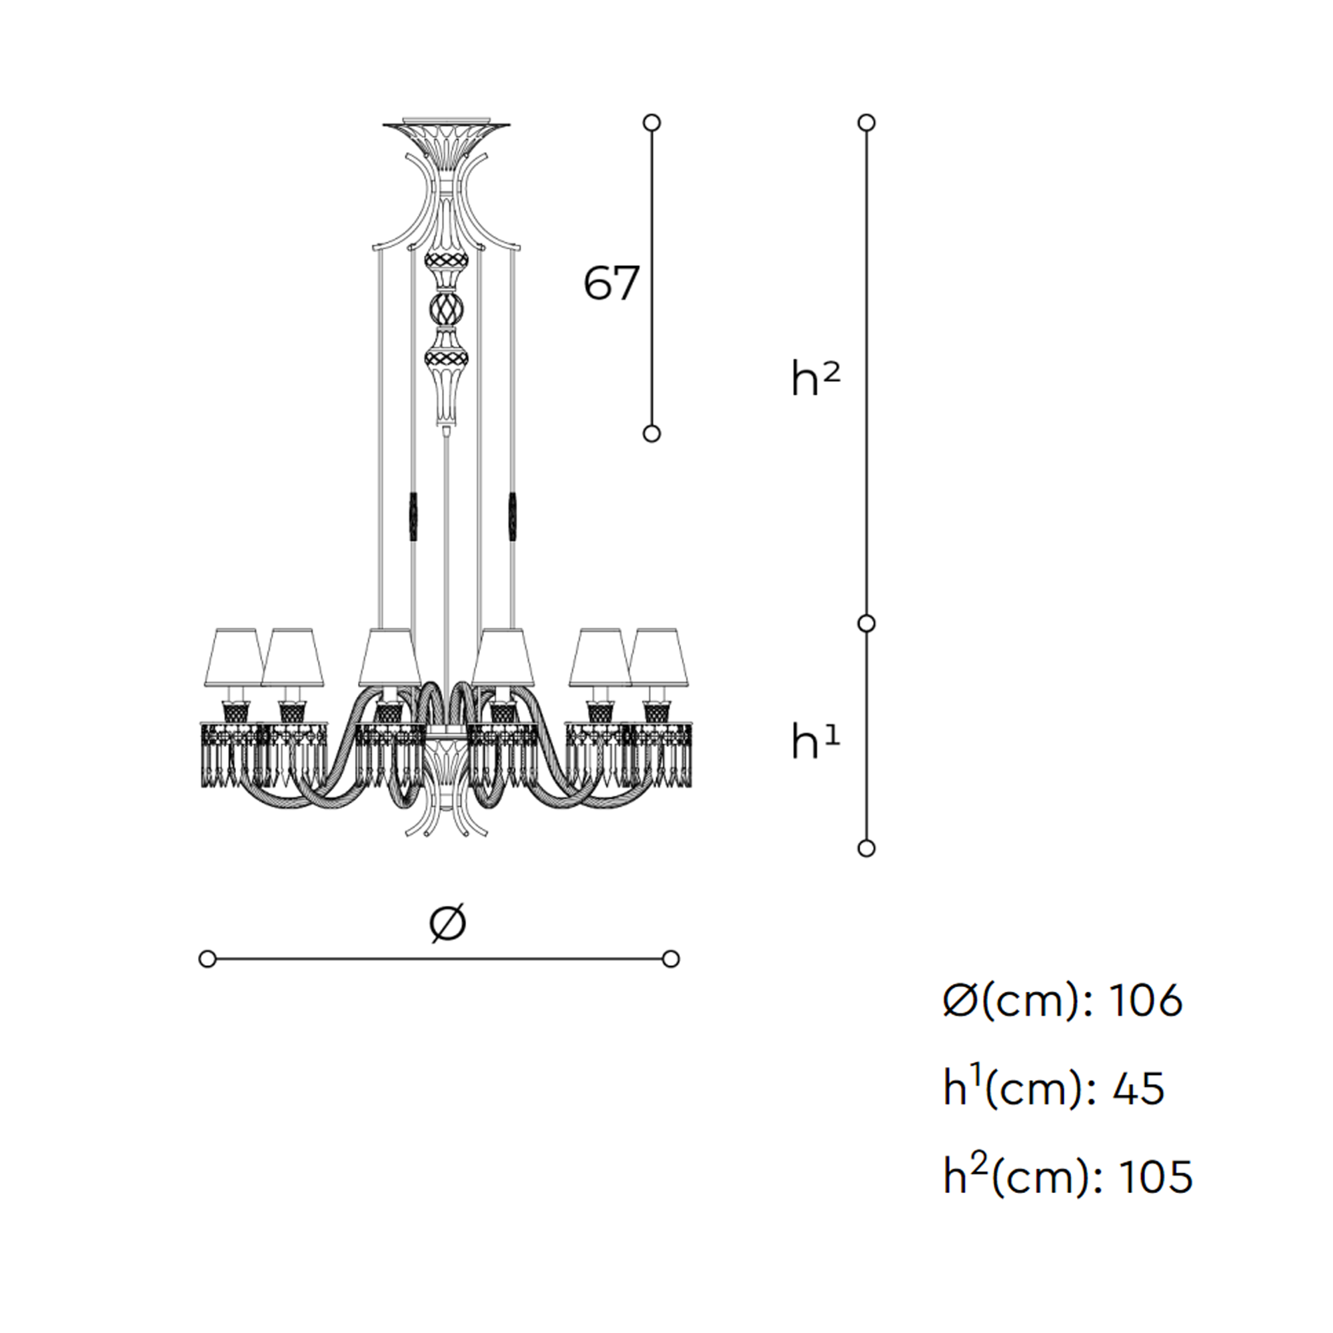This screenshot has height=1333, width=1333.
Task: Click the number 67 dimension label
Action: click(x=611, y=283)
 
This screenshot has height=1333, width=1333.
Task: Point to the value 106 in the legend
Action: click(x=1146, y=1000)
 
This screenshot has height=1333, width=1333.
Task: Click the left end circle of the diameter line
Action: click(x=207, y=959)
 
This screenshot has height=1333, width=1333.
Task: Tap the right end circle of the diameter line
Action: click(x=670, y=959)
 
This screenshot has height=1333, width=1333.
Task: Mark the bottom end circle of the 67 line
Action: click(x=651, y=433)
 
